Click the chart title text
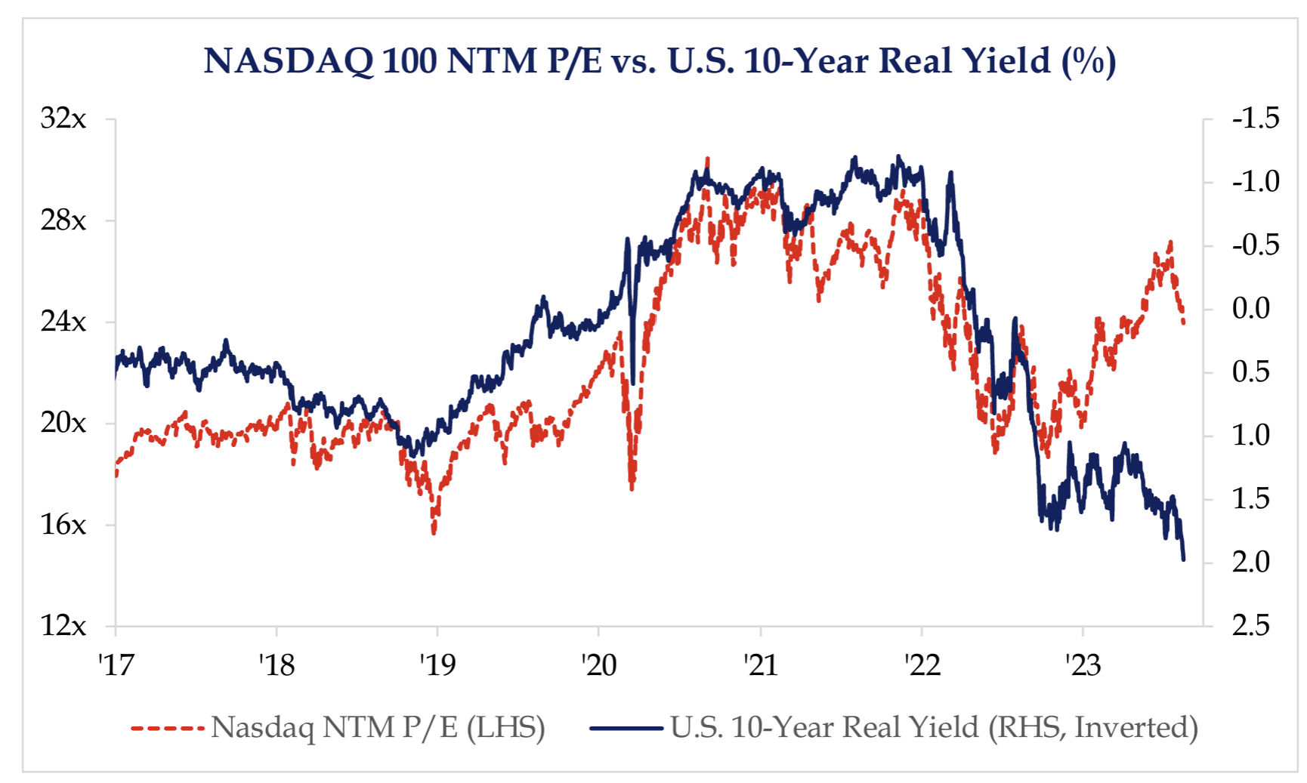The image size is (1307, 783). click(660, 60)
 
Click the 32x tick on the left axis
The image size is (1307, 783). click(63, 119)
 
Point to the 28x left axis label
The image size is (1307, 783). click(63, 220)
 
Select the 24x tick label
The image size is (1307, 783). click(63, 322)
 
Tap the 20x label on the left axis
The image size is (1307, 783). click(63, 423)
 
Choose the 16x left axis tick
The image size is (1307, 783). click(63, 524)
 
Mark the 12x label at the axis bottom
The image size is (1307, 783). click(63, 625)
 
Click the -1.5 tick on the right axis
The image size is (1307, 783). click(1255, 119)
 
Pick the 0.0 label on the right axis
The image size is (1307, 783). click(1251, 309)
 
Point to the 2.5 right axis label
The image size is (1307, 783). click(1251, 625)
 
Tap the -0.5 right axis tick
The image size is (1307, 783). click(1255, 245)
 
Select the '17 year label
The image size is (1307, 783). click(116, 664)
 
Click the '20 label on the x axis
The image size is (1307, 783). click(599, 664)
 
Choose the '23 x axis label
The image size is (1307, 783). click(1083, 664)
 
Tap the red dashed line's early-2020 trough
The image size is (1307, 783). click(632, 489)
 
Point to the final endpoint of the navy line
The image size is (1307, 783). click(1183, 560)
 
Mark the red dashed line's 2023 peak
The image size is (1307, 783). click(1170, 242)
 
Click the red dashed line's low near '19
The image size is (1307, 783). click(434, 533)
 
